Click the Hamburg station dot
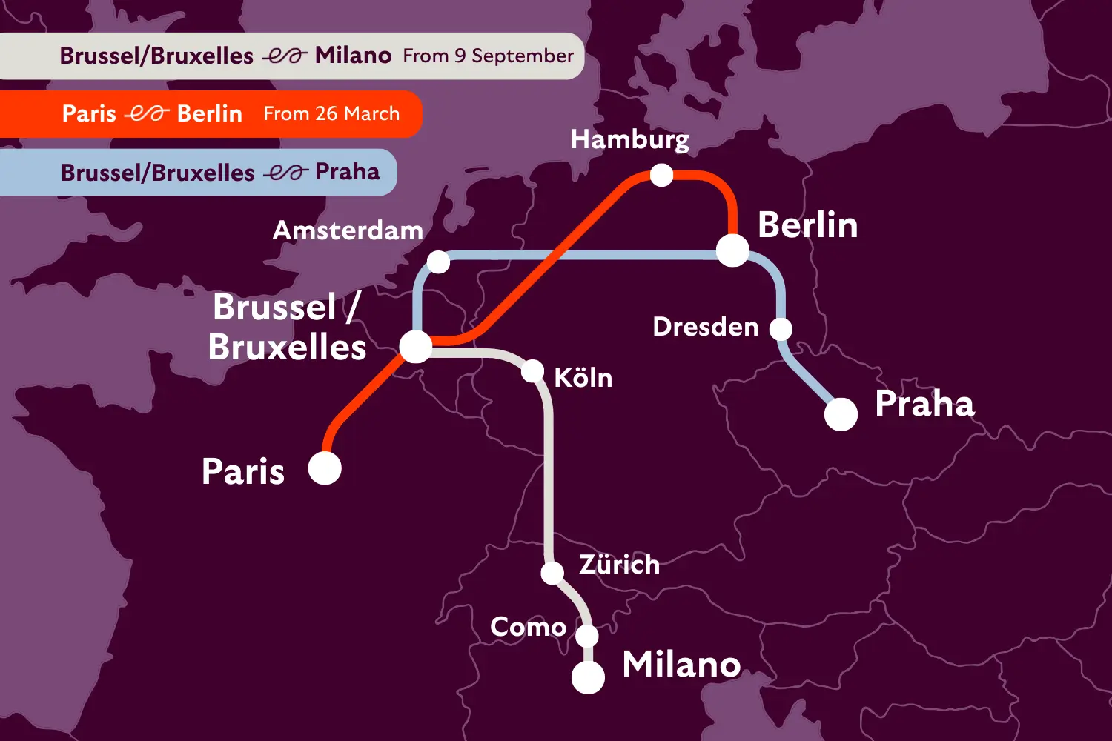(x=661, y=175)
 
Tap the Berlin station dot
(x=732, y=250)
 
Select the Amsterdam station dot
(x=438, y=262)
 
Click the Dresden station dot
(x=781, y=328)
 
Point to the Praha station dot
(x=841, y=414)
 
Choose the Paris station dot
(x=325, y=468)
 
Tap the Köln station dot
(x=532, y=370)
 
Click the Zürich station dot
(x=552, y=572)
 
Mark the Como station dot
(x=586, y=636)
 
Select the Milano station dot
(x=588, y=677)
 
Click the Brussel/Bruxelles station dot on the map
(x=415, y=346)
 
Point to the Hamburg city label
(x=629, y=139)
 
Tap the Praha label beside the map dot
(x=924, y=404)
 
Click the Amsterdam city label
(x=348, y=230)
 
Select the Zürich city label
(x=619, y=565)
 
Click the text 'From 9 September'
(x=488, y=56)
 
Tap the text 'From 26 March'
(x=331, y=113)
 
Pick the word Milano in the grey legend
(x=353, y=56)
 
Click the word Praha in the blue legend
(x=347, y=172)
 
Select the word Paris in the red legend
(x=89, y=113)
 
